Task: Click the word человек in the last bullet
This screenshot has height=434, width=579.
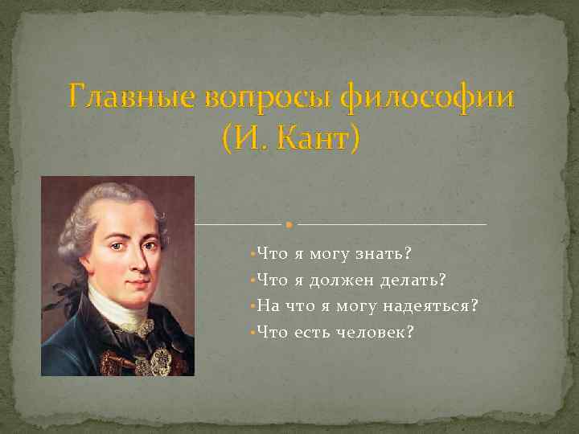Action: pos(375,331)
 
